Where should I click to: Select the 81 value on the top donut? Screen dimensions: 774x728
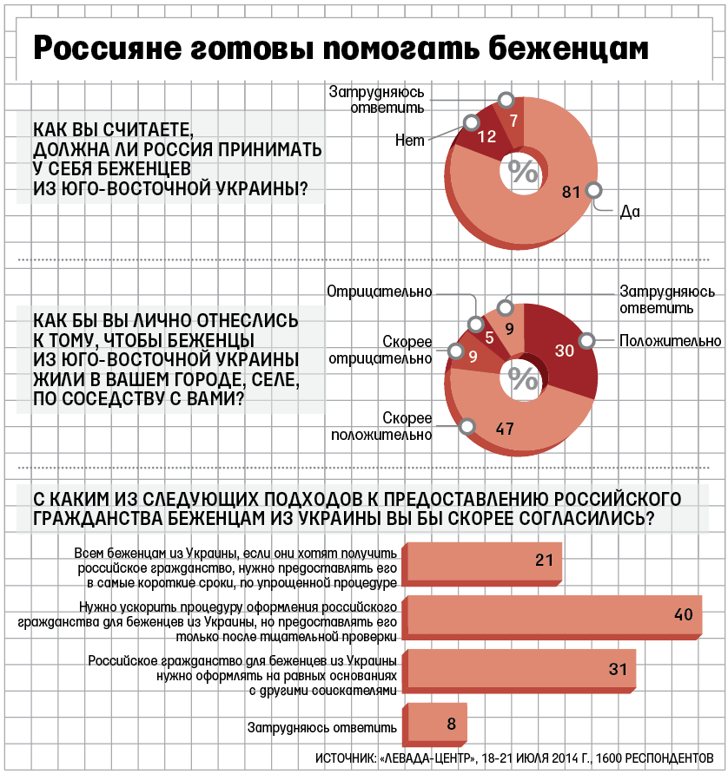[571, 192]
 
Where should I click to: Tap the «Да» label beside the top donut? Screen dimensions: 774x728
[630, 211]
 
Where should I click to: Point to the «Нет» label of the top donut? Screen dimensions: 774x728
[409, 140]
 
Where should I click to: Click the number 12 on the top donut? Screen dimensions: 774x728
[486, 136]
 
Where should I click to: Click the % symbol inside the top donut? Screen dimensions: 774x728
[523, 171]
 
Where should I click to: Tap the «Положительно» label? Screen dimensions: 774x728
[670, 341]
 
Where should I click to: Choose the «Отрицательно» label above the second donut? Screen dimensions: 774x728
[380, 292]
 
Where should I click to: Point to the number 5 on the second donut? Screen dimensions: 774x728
[490, 338]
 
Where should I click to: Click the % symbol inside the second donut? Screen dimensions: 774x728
[523, 378]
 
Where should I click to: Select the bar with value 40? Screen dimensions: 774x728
[553, 615]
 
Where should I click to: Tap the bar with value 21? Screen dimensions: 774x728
[483, 561]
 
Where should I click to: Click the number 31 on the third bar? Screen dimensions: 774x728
[618, 669]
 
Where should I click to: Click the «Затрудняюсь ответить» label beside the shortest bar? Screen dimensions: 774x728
[323, 727]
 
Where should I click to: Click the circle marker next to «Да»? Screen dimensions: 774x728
[594, 191]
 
